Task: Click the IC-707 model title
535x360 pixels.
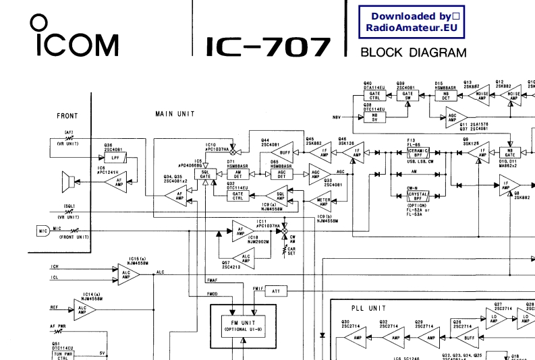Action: click(268, 47)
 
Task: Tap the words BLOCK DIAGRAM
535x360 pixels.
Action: click(413, 53)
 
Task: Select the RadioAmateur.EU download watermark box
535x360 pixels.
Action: click(412, 22)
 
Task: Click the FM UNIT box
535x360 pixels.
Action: click(244, 325)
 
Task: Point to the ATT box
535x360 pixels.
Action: click(275, 291)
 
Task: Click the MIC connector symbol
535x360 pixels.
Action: click(42, 231)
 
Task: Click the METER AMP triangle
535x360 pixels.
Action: click(325, 201)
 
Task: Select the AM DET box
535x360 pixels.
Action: click(237, 175)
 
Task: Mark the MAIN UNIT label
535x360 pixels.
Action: click(175, 114)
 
